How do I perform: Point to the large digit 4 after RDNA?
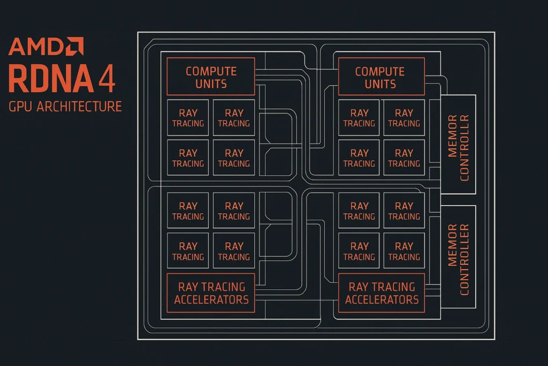click(106, 78)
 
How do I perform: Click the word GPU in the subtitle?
click(20, 106)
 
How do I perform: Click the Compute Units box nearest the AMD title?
click(211, 77)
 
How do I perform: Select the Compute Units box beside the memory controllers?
click(380, 77)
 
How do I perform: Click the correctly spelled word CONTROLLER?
click(465, 259)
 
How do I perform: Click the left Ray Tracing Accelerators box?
click(211, 293)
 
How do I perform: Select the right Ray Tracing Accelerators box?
click(382, 293)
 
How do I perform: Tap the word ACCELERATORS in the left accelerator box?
click(211, 300)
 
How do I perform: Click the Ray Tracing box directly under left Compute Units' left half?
click(188, 118)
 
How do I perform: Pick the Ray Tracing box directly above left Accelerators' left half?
click(188, 251)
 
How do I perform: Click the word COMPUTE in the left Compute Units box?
click(211, 71)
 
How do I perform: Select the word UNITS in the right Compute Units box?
click(380, 84)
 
